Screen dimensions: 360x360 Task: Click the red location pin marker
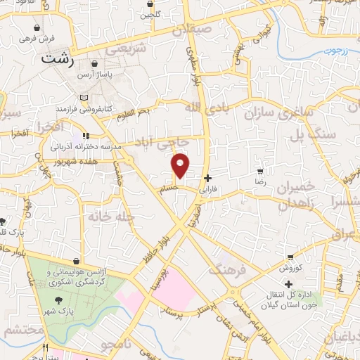181,165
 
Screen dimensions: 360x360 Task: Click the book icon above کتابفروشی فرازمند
84,97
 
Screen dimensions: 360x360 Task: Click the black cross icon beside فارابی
206,179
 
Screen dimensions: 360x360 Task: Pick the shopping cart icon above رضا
261,171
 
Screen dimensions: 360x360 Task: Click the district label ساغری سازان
277,112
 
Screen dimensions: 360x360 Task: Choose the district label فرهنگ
225,269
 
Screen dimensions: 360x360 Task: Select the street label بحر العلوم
134,112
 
